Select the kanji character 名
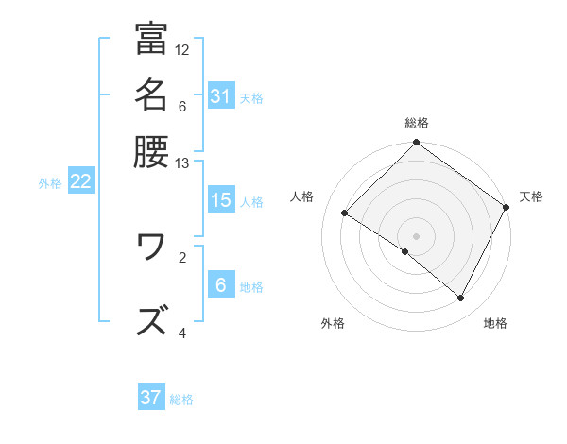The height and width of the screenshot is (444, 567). tap(151, 94)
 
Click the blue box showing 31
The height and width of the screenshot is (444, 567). tap(220, 96)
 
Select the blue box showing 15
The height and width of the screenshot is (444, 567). tap(220, 200)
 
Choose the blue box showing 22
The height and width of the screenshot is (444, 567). tap(80, 181)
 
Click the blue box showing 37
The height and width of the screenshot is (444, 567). tap(150, 398)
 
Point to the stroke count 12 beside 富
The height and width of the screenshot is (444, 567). tap(182, 49)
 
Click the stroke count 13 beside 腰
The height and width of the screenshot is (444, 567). tap(182, 162)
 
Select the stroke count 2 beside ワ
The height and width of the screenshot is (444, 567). tap(182, 256)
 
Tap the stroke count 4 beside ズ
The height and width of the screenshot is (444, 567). tap(182, 333)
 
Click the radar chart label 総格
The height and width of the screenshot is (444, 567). tap(417, 123)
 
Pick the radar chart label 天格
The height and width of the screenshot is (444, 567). tap(531, 196)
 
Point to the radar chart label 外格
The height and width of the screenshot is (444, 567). tap(333, 323)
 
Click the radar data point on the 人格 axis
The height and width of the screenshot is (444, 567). tap(345, 213)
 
